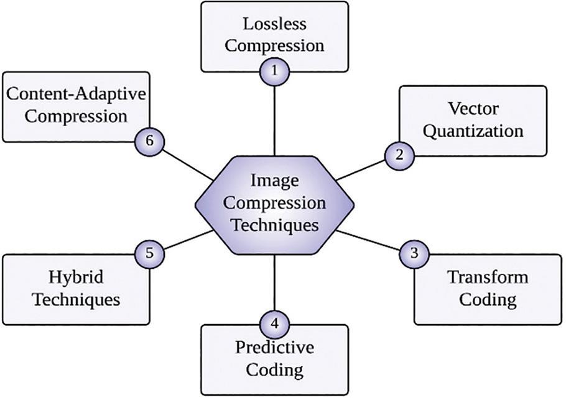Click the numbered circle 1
point(274,71)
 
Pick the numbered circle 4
point(274,323)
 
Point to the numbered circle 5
point(149,253)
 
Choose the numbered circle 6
point(149,142)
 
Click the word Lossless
point(274,25)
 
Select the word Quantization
point(474,131)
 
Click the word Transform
point(488,277)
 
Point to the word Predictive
point(274,348)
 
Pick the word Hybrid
point(77,276)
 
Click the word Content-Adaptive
point(76,94)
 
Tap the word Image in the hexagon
point(274,181)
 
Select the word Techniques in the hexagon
point(274,225)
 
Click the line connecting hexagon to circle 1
point(274,118)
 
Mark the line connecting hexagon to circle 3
point(371,241)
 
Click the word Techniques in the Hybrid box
point(77,299)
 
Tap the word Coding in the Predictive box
point(274,370)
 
